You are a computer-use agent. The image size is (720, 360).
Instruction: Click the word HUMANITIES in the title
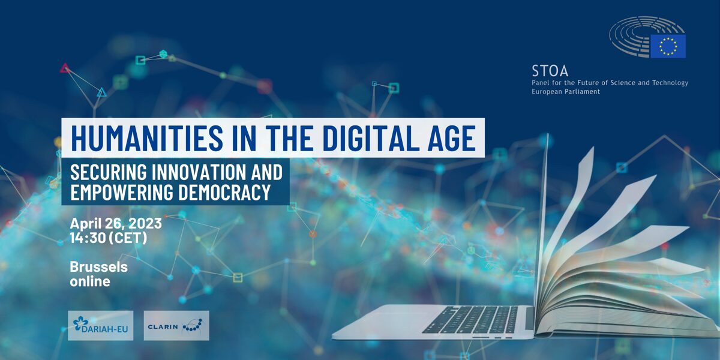tap(147, 138)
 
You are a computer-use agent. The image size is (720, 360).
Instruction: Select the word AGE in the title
tap(452, 138)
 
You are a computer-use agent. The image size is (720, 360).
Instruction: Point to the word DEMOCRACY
tap(224, 192)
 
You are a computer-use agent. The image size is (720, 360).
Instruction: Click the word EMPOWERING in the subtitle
tap(122, 192)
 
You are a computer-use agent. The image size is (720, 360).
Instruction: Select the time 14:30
tap(88, 238)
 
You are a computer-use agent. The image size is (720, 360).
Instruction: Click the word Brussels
tap(98, 267)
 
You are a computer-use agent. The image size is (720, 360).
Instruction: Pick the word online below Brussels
tap(90, 281)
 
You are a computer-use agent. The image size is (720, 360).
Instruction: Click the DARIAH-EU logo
tap(101, 325)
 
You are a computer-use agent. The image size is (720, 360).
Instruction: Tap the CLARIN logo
tap(176, 325)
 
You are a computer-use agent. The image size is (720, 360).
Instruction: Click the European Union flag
tap(668, 46)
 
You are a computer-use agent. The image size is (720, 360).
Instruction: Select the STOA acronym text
tap(550, 71)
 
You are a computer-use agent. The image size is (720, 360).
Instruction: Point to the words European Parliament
tap(566, 92)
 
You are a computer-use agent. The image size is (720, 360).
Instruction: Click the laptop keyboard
tap(471, 319)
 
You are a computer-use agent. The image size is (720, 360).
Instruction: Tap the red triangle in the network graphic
tap(65, 68)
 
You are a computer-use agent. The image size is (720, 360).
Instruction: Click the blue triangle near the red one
tap(101, 92)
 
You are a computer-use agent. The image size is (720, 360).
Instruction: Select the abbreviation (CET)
tap(128, 238)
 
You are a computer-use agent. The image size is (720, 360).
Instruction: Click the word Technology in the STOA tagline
tap(670, 83)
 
